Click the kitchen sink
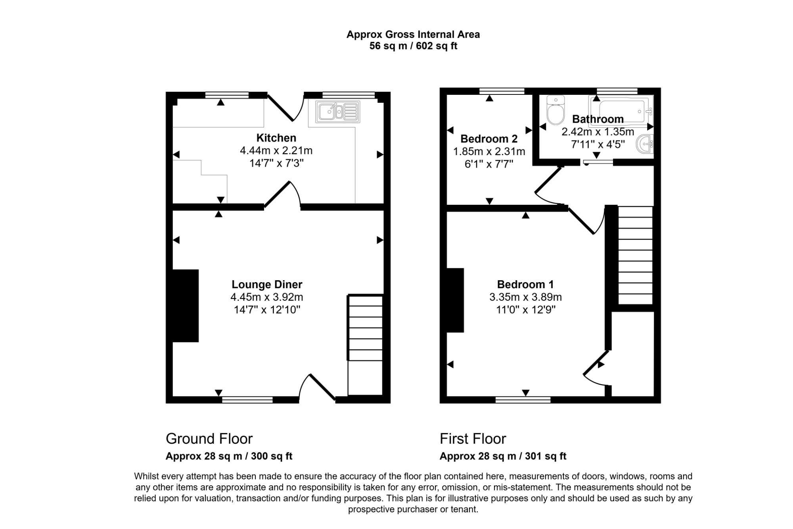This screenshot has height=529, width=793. [338, 112]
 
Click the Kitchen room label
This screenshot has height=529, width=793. [276, 138]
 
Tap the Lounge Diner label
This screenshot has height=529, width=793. [267, 285]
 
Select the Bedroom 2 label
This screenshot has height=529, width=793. [489, 139]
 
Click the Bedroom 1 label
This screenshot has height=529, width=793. [525, 285]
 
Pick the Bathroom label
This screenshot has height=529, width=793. [598, 119]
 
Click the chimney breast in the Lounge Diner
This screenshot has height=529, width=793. [186, 306]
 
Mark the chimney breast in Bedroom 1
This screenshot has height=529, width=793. [455, 300]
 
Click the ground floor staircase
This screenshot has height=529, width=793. [365, 345]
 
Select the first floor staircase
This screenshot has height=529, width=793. [636, 255]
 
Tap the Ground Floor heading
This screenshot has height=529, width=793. [209, 439]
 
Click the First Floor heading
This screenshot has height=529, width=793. [473, 439]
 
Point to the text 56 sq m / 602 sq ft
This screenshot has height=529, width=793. [413, 46]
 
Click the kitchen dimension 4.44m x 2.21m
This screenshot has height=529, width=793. [276, 151]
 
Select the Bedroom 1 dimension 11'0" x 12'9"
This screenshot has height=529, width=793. [526, 310]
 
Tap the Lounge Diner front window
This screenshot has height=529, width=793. [247, 400]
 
